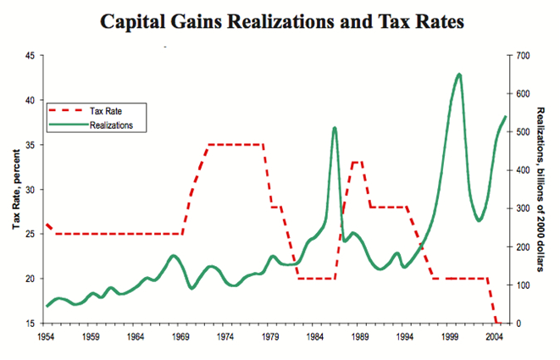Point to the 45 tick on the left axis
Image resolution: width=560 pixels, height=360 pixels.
click(x=29, y=56)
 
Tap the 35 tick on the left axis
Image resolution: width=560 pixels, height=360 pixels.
click(x=29, y=146)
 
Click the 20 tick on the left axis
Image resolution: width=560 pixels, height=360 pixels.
click(x=29, y=279)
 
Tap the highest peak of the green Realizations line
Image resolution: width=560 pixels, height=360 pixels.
click(x=459, y=75)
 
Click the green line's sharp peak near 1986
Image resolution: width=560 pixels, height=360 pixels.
click(x=335, y=128)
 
